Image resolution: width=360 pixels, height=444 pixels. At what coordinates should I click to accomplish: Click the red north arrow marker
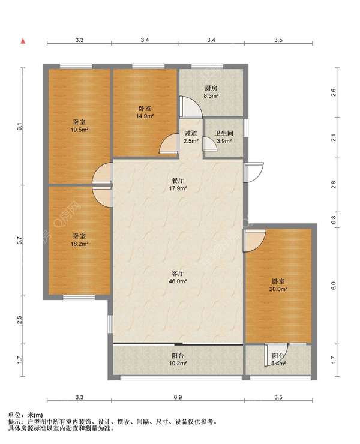point(23,41)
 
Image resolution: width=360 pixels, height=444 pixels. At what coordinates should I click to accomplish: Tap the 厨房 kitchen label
point(211,88)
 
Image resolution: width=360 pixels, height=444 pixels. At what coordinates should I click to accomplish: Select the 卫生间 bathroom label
point(224,133)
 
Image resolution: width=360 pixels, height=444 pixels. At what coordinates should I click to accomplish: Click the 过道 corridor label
point(191,133)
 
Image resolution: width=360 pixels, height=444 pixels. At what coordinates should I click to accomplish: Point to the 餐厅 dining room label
point(178,181)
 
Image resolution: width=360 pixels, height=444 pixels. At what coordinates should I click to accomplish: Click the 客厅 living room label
point(178,274)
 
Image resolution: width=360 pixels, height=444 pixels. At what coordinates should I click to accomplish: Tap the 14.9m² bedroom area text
point(145,116)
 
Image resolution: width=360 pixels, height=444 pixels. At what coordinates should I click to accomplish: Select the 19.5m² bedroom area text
point(79,130)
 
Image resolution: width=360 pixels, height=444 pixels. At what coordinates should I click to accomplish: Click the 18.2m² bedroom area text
point(79,244)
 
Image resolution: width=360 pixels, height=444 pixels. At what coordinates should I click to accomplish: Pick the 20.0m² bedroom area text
point(278,289)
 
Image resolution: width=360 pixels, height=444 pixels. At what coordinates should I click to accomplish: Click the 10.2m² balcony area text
point(178,363)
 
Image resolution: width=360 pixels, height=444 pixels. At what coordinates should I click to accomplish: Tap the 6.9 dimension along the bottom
point(178,397)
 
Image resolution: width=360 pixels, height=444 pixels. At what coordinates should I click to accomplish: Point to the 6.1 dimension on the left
point(20,127)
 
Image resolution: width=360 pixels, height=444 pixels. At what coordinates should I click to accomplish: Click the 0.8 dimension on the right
point(334,220)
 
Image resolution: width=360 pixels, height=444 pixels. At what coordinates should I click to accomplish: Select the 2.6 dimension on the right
point(334,92)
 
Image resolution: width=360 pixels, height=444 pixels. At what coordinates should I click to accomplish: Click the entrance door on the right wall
point(254,172)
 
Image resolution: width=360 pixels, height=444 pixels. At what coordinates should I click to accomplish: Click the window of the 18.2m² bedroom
point(79,298)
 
